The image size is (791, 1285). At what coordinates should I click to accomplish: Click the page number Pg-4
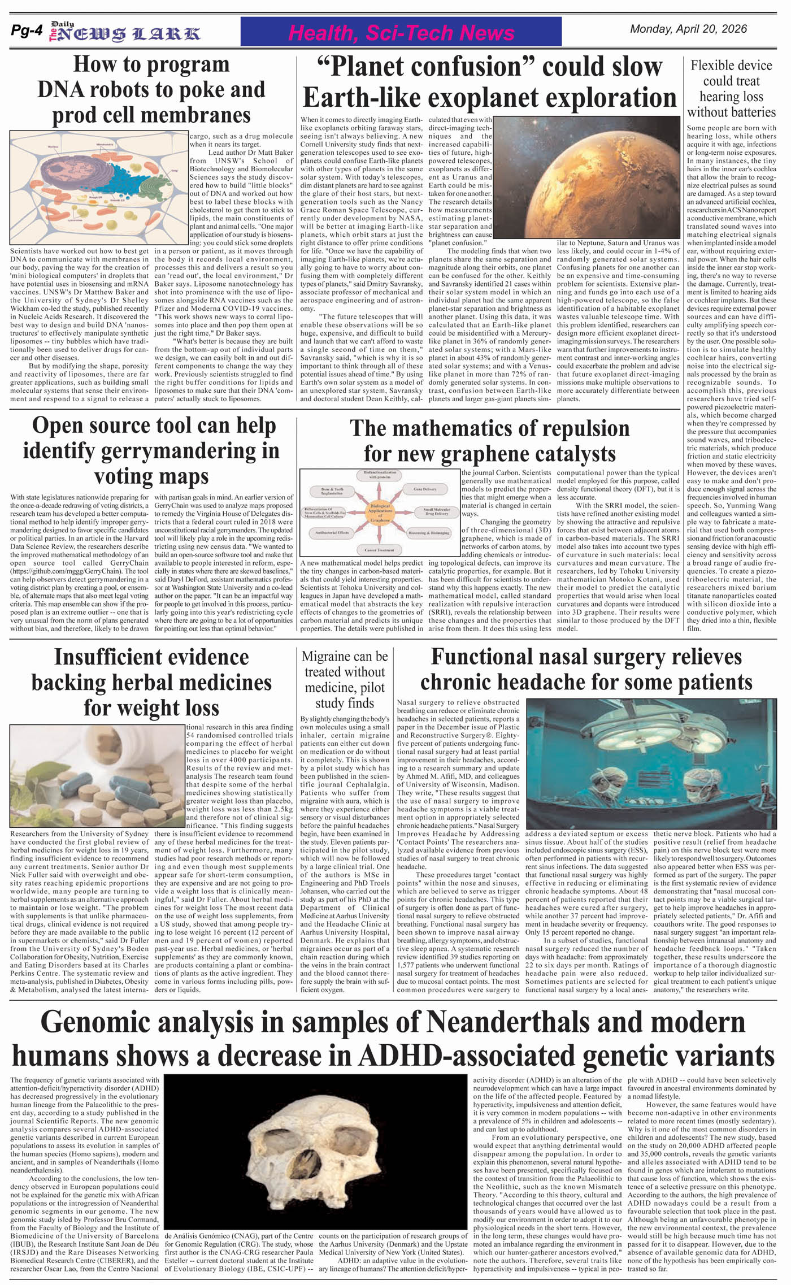click(26, 32)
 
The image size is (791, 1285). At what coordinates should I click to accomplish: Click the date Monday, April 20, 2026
click(688, 29)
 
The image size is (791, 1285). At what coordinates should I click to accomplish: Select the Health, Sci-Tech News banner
click(401, 32)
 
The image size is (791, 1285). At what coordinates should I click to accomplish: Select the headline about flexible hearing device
click(731, 89)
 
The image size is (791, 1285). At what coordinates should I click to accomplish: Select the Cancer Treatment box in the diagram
click(379, 549)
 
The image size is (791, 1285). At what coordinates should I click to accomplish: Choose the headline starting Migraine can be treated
click(345, 680)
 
